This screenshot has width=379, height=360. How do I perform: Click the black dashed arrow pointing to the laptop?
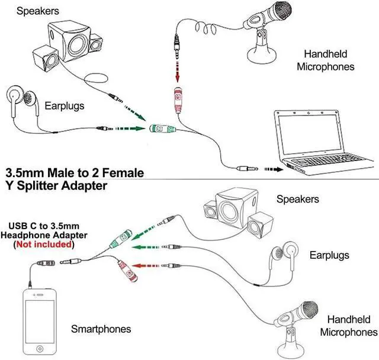[273, 169]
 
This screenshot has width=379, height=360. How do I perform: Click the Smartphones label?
[101, 329]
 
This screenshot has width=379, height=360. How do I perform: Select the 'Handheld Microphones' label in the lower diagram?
[348, 326]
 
